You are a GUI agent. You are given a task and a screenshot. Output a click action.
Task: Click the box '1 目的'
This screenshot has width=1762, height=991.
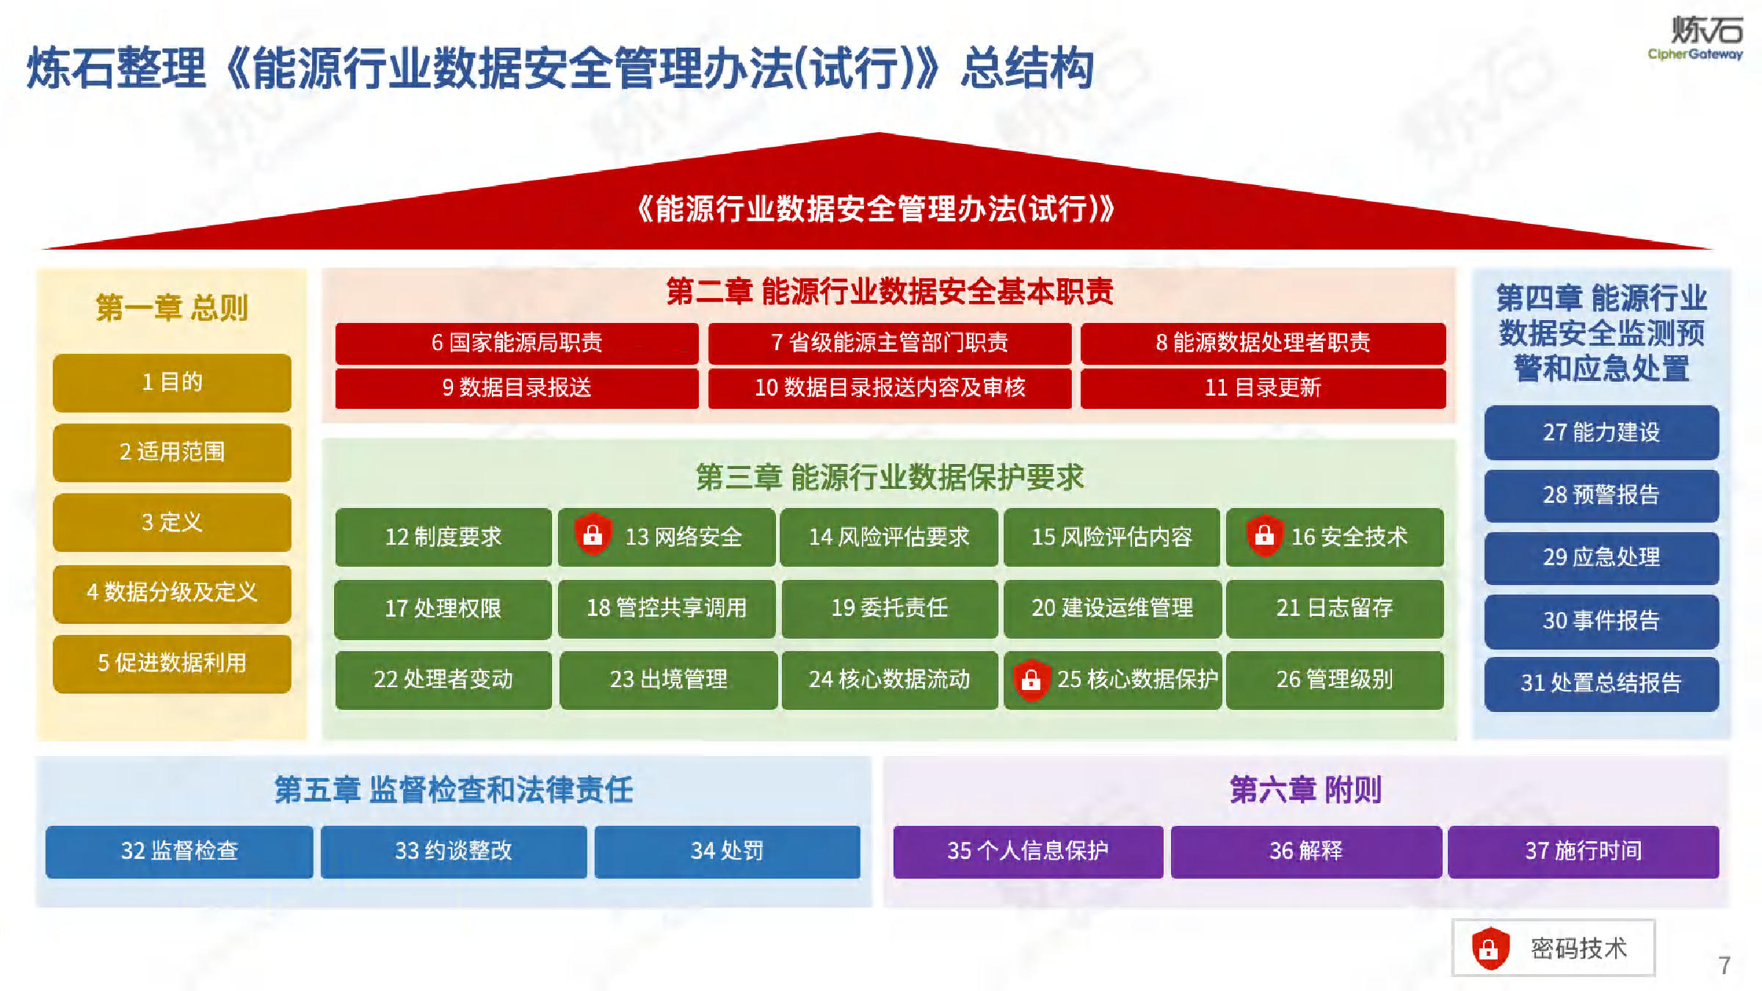point(172,382)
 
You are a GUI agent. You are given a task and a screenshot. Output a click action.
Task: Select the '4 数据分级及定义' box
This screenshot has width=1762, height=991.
point(172,593)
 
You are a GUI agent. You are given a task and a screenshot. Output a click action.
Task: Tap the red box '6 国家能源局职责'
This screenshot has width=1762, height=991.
point(517,343)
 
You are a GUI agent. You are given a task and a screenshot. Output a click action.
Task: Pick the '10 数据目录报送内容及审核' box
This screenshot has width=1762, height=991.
point(890,388)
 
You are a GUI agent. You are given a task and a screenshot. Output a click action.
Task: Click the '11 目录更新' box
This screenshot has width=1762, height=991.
point(1263,388)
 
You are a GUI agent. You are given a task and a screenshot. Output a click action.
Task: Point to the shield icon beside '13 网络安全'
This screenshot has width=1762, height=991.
point(592,535)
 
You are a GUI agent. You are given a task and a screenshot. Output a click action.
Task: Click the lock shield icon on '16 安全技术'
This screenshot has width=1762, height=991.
point(1264,535)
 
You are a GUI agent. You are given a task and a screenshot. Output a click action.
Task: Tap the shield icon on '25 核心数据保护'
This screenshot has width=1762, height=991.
point(1032,680)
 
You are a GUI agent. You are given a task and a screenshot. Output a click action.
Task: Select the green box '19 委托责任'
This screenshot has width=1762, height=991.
point(890,609)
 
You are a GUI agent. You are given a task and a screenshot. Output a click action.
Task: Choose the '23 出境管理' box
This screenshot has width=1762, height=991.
point(668,680)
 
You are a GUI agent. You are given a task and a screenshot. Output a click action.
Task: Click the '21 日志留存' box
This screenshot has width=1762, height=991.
point(1335,609)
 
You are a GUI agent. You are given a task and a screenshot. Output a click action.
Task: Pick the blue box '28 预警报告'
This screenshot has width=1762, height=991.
point(1601,495)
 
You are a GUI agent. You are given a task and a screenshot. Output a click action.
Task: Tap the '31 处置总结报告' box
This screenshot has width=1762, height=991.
point(1601,683)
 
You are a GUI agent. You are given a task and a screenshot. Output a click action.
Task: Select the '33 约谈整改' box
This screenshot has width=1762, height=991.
point(454,852)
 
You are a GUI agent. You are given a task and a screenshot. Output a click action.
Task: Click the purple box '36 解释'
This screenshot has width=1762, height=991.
point(1306,852)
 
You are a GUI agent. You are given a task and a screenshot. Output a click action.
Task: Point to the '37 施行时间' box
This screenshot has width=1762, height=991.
point(1584,852)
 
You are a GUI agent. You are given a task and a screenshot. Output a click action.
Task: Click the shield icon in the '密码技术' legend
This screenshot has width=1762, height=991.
point(1490,948)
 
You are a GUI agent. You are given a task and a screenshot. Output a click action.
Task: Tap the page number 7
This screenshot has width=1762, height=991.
point(1725,965)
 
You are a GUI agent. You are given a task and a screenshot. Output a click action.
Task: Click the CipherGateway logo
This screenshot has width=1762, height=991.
point(1695,38)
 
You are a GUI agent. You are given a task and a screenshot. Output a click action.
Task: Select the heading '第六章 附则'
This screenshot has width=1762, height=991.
point(1305,790)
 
